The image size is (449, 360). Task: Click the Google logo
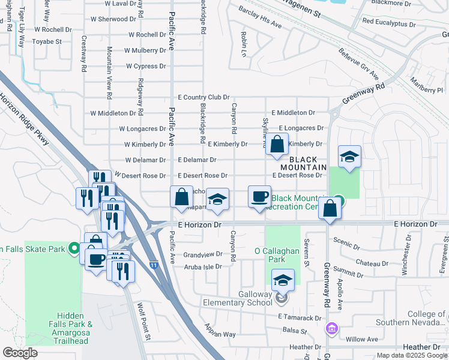[x=20, y=353]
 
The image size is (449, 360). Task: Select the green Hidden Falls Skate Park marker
[x=74, y=247]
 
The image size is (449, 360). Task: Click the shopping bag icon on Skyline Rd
[x=276, y=145]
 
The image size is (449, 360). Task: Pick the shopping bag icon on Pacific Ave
[x=181, y=197]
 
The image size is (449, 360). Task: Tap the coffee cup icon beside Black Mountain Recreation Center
[x=259, y=197]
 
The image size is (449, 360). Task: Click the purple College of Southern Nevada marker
[x=331, y=329]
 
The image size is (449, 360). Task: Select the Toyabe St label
[x=47, y=42]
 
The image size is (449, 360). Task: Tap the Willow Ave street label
[x=361, y=339]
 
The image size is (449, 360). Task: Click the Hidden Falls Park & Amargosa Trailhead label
[x=74, y=328]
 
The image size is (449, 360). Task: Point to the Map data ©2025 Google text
[x=411, y=355]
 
